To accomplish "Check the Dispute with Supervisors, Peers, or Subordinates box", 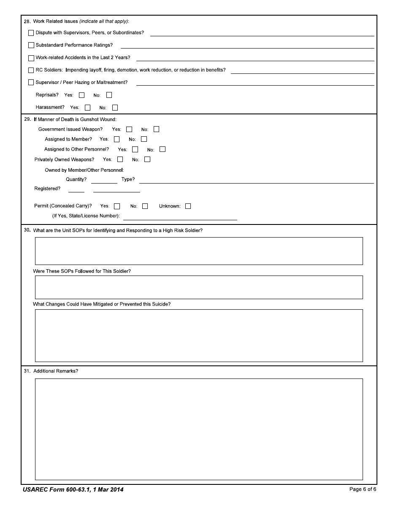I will point(31,33).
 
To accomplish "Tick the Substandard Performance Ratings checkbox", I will point(31,45).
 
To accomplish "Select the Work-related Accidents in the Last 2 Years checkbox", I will point(31,58).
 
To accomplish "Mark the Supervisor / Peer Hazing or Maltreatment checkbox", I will point(31,83).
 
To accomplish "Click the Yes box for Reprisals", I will point(82,95).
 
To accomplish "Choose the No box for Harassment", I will point(115,108).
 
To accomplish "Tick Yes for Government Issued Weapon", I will point(129,130).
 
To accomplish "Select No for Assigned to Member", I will point(144,139).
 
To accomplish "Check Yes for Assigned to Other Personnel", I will point(135,149).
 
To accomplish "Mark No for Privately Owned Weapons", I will point(147,159).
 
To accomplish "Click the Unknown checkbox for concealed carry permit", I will point(188,206).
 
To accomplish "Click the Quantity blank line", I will point(104,180).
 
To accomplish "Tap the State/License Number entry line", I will point(180,217).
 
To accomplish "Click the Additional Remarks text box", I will point(199,429).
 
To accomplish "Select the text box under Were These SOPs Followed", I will point(199,287).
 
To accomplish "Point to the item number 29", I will point(27,119).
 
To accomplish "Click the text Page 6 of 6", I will point(363,489).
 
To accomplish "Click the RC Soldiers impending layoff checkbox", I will point(31,70).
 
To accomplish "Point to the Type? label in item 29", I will point(128,179).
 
